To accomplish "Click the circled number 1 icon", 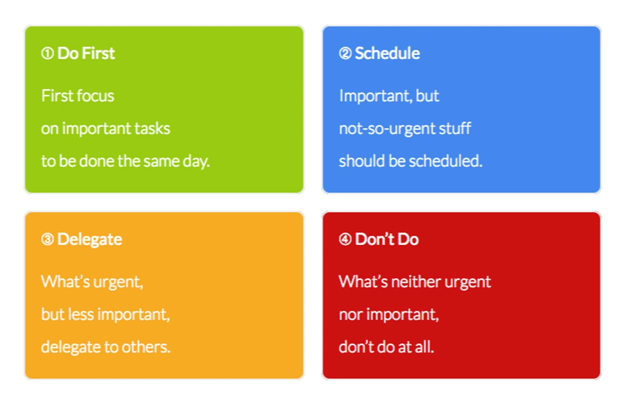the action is (x=47, y=53).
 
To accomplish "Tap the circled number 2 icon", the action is (x=345, y=53).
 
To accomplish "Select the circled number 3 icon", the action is (x=47, y=239).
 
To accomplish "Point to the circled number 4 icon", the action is (x=345, y=239).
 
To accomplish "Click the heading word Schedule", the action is (x=387, y=53).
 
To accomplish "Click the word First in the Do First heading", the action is (x=99, y=53).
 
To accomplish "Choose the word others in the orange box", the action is (x=146, y=347).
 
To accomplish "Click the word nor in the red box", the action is (x=350, y=315).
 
